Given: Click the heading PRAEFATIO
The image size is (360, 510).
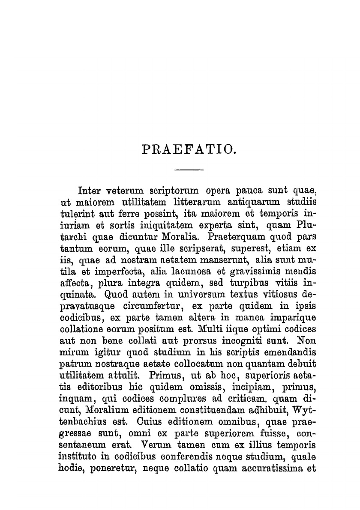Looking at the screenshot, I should point(189,149).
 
